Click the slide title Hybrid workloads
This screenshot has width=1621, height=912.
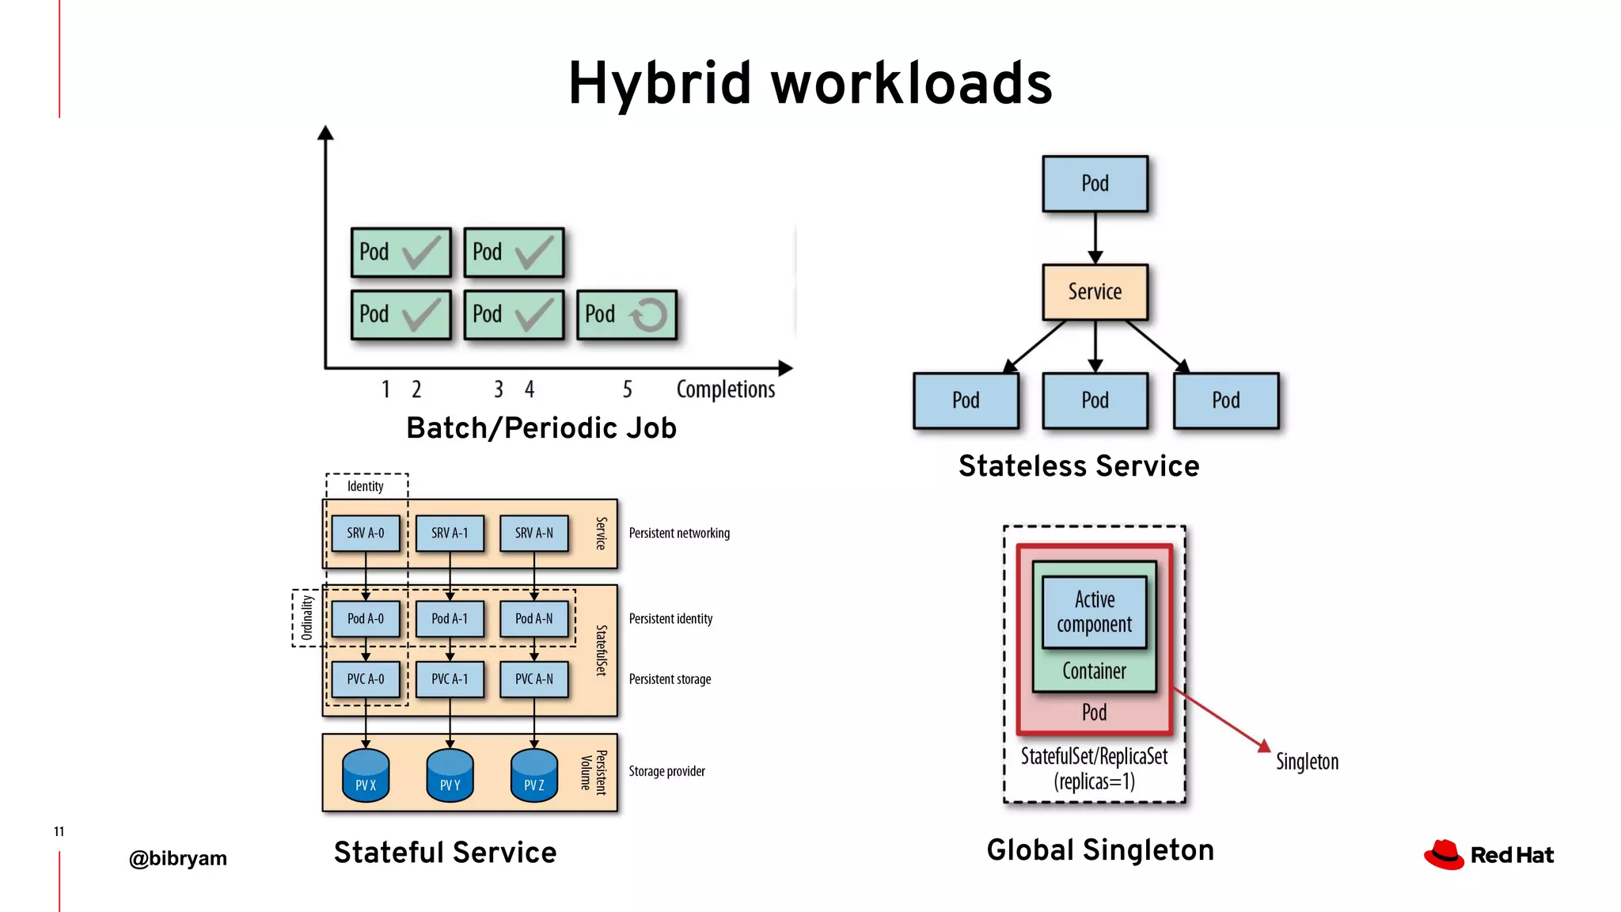(x=810, y=83)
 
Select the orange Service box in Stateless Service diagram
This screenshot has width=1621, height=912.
(x=1095, y=291)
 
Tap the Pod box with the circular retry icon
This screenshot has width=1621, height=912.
(x=627, y=314)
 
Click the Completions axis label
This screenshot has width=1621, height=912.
(x=725, y=389)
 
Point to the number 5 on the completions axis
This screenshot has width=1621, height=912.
(x=627, y=389)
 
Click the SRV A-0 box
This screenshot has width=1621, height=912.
(x=366, y=533)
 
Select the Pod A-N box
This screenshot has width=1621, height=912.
(x=534, y=618)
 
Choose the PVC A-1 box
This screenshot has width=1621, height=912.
(x=450, y=679)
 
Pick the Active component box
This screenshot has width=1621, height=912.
(x=1095, y=611)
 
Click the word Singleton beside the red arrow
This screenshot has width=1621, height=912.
(x=1307, y=762)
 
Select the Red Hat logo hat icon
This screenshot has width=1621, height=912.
(x=1444, y=855)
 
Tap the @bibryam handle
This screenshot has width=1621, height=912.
(x=178, y=858)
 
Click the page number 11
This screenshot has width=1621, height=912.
(x=59, y=831)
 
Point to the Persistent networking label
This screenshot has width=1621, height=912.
(x=679, y=533)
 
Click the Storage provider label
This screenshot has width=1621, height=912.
(x=666, y=771)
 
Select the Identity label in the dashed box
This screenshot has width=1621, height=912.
(x=366, y=486)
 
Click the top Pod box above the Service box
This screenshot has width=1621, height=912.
(x=1095, y=184)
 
